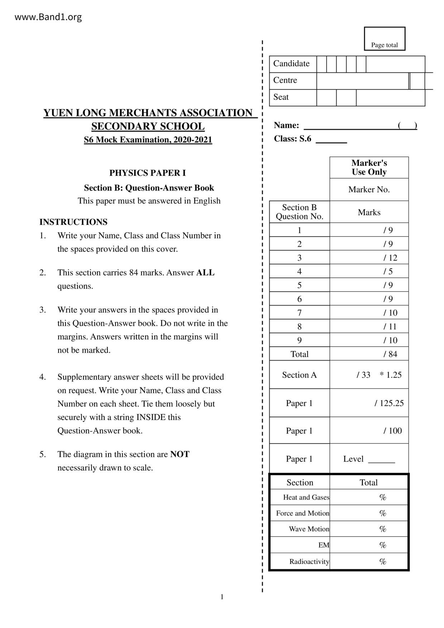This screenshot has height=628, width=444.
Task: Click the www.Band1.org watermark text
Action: (x=48, y=17)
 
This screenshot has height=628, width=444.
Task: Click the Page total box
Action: (x=385, y=39)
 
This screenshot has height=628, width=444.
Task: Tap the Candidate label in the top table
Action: (x=291, y=64)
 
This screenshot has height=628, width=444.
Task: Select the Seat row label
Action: (x=281, y=97)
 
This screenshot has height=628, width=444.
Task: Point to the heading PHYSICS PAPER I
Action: (x=148, y=173)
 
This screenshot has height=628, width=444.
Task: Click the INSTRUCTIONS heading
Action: (x=73, y=222)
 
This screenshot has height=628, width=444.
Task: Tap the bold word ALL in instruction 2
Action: (x=205, y=273)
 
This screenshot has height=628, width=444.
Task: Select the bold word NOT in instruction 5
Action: (x=180, y=454)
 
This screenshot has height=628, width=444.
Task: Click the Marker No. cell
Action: (x=369, y=190)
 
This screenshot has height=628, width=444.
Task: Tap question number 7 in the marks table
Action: (x=299, y=313)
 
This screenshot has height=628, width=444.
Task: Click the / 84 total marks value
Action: (x=390, y=354)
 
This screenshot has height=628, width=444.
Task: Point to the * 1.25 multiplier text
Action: (x=391, y=375)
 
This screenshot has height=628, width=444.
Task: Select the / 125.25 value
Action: (x=389, y=404)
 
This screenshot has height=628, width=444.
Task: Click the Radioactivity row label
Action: (x=309, y=561)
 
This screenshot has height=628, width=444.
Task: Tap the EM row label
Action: (x=323, y=545)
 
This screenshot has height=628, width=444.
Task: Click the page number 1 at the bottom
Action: (x=222, y=597)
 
